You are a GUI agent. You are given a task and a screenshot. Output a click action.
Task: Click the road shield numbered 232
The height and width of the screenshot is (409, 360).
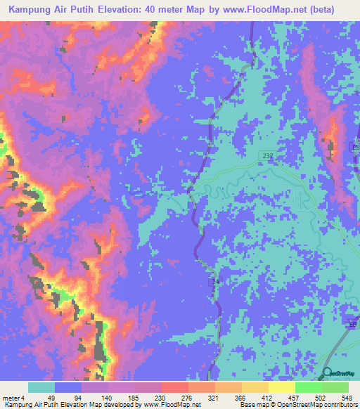click(265, 155)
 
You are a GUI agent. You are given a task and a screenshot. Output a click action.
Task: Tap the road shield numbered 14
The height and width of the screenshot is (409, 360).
click(217, 281)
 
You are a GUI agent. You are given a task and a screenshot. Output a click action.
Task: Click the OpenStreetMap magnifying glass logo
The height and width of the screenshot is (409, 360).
click(328, 374)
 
